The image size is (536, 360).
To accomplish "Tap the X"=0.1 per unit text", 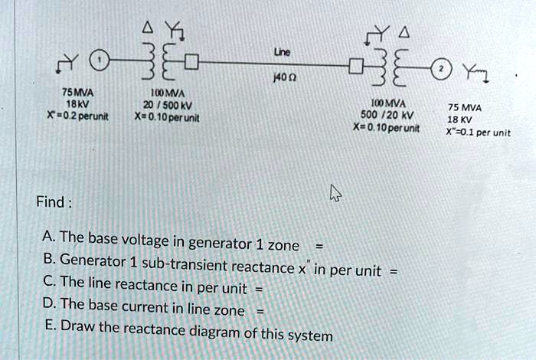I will click(478, 131).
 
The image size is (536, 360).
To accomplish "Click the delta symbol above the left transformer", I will click(147, 28).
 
